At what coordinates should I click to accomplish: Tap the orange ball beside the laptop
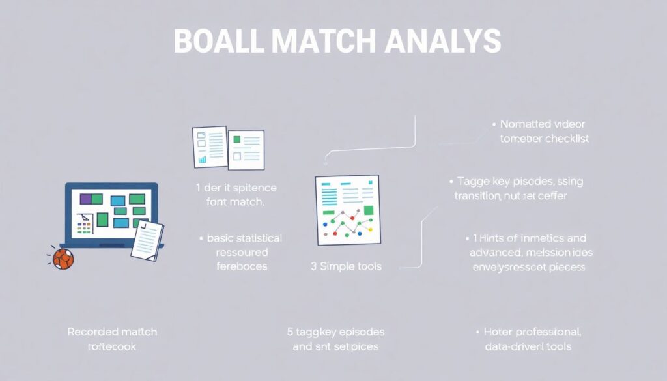(x=63, y=259)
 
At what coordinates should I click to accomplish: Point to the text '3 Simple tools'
(x=347, y=266)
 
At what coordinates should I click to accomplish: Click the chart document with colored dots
(x=347, y=210)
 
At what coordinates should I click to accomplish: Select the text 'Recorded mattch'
(x=112, y=332)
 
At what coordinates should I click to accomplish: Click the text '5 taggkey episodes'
(x=335, y=332)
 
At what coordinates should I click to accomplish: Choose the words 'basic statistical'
(x=245, y=238)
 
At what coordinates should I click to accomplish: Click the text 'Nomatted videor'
(x=543, y=124)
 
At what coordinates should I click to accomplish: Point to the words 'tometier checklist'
(x=544, y=139)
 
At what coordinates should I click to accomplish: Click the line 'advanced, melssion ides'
(x=532, y=253)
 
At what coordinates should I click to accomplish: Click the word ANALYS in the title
(x=443, y=41)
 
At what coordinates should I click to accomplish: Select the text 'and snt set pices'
(x=335, y=346)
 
